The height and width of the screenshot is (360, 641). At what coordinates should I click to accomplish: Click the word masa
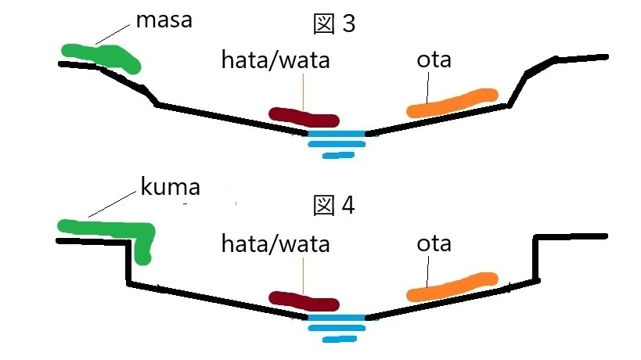point(164,20)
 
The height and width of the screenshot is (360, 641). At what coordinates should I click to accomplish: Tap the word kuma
point(170,187)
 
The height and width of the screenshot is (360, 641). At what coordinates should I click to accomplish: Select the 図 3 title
point(334,23)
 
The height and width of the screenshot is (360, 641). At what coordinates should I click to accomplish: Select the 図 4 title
point(334,205)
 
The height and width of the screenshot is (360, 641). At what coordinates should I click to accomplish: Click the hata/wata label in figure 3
point(275,60)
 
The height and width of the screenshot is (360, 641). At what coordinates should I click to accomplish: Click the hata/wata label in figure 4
point(275,244)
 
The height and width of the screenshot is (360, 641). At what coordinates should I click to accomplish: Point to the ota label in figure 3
point(434,60)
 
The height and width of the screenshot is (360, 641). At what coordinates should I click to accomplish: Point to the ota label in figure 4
point(434,244)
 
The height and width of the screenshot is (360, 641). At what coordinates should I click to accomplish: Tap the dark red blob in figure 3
point(304,117)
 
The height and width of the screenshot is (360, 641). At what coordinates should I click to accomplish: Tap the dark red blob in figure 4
point(304,301)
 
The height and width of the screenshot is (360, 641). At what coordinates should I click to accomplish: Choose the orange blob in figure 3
point(452,103)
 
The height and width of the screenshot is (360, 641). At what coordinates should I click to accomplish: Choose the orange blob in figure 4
point(452,287)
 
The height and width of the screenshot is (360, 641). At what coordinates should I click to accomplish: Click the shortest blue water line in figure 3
point(338,155)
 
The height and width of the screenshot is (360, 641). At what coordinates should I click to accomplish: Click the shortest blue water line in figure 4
point(340,339)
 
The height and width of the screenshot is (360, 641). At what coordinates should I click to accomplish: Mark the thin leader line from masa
point(113,34)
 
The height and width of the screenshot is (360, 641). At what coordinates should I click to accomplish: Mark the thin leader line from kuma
point(112,204)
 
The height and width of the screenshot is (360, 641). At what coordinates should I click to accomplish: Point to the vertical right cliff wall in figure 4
point(535,258)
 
